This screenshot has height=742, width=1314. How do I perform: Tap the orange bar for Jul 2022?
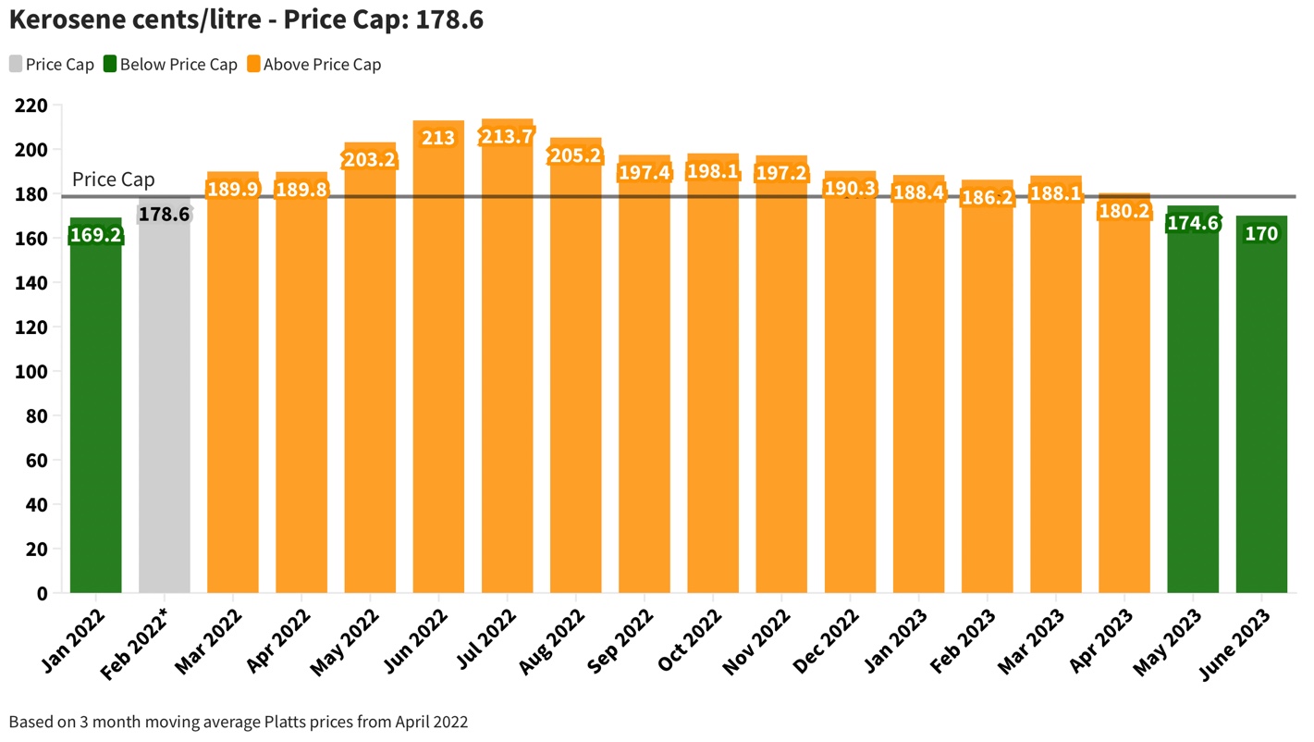point(507,370)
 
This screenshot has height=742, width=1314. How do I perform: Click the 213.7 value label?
point(507,137)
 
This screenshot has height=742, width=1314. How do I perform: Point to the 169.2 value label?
point(95,235)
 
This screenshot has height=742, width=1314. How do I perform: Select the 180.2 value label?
point(1124,212)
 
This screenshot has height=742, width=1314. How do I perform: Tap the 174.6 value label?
point(1193,223)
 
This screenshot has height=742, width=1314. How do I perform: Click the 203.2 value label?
point(370,160)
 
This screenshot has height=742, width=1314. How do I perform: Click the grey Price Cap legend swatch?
point(16,65)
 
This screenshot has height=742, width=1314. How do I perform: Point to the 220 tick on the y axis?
point(31,105)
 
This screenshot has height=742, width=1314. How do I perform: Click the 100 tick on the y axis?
point(31,372)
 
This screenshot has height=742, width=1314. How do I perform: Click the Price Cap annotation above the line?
point(113,179)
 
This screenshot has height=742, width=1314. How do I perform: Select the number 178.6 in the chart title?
point(448,20)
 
